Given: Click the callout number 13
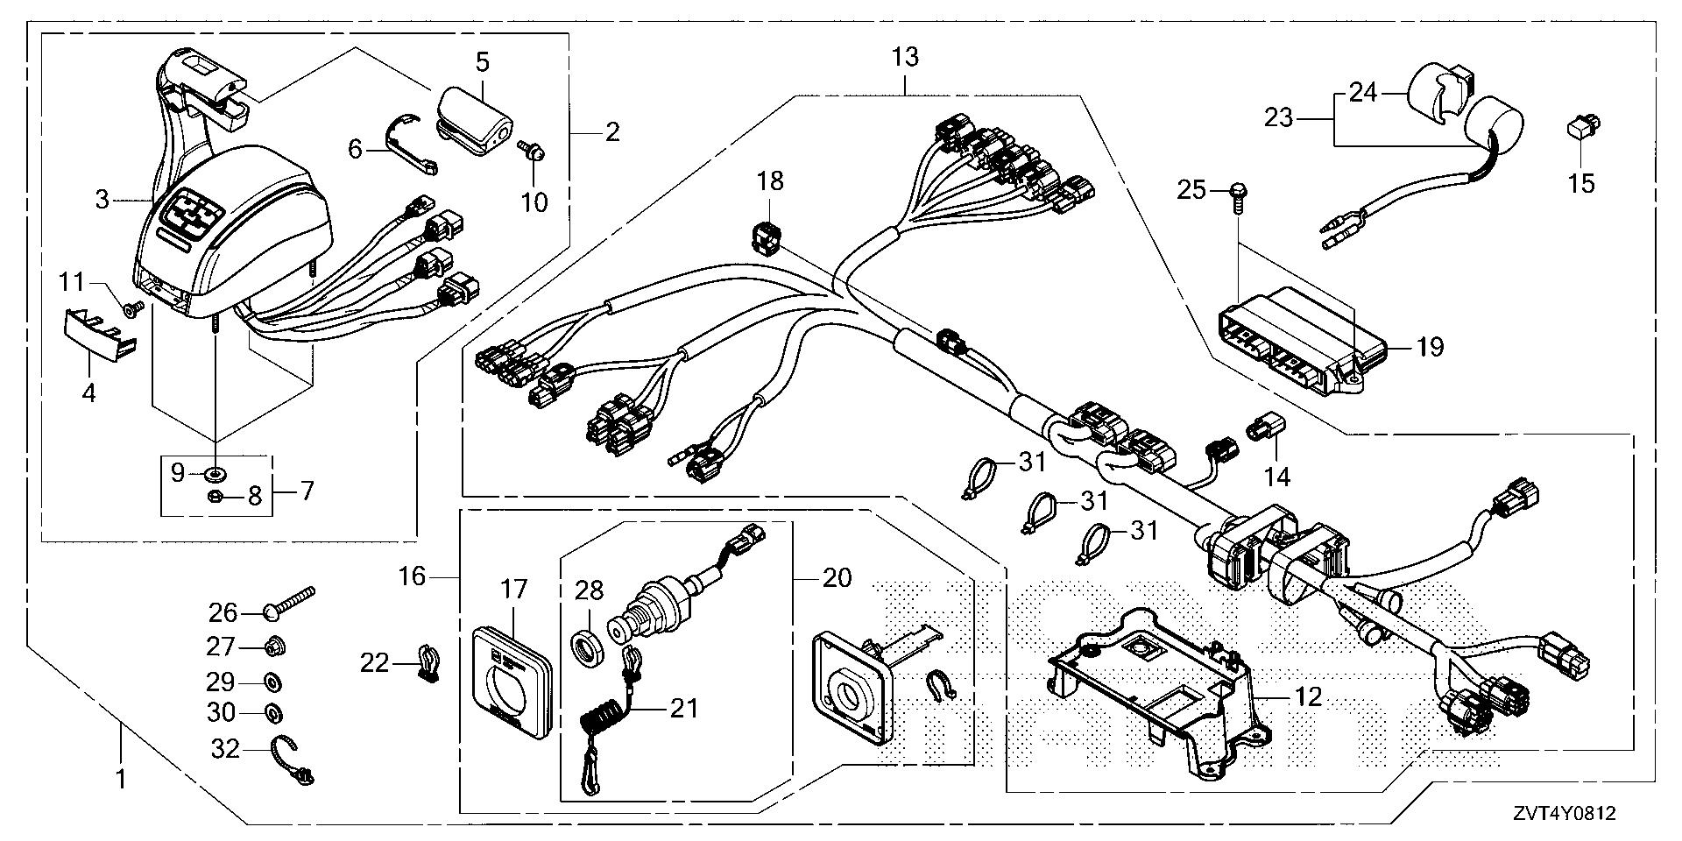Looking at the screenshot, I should click(x=905, y=58).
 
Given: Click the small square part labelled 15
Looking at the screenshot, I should click(x=1580, y=131).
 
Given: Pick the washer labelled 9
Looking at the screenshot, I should click(x=213, y=475).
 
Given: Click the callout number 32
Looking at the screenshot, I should click(x=226, y=749).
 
